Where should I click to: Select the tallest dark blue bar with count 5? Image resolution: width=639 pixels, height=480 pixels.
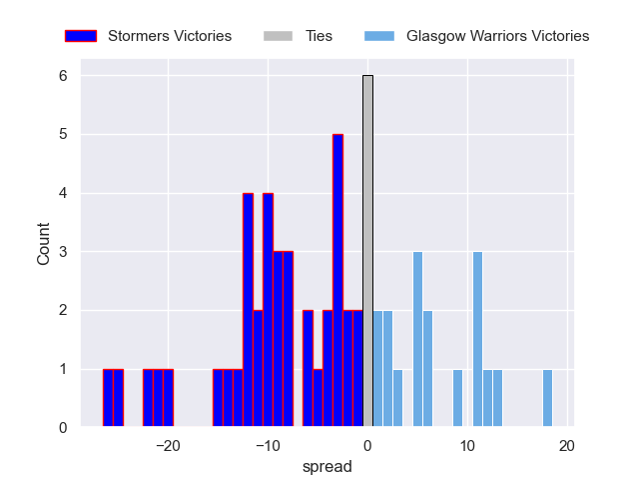click(337, 281)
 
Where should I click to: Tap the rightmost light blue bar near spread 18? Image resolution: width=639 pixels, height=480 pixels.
click(547, 399)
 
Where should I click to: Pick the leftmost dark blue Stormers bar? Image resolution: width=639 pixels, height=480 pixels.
click(108, 399)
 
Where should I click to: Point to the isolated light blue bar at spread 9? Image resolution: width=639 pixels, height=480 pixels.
click(457, 399)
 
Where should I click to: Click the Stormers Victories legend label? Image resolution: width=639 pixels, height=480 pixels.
click(169, 36)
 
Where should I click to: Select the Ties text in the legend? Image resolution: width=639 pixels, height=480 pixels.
click(319, 36)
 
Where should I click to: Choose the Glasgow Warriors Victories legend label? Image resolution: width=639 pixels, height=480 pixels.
click(497, 36)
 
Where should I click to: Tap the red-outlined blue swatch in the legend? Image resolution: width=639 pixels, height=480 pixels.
click(81, 36)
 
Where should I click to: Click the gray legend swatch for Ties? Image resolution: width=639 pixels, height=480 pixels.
click(279, 36)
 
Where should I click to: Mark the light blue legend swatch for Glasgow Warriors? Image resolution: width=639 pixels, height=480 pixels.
click(380, 36)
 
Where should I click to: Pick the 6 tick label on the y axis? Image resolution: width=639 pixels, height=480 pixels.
click(62, 76)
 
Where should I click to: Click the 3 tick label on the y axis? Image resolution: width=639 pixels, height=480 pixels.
click(62, 252)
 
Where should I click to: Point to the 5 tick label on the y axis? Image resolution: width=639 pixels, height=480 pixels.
click(62, 135)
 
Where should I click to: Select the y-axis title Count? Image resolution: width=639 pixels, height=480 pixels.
click(44, 244)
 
